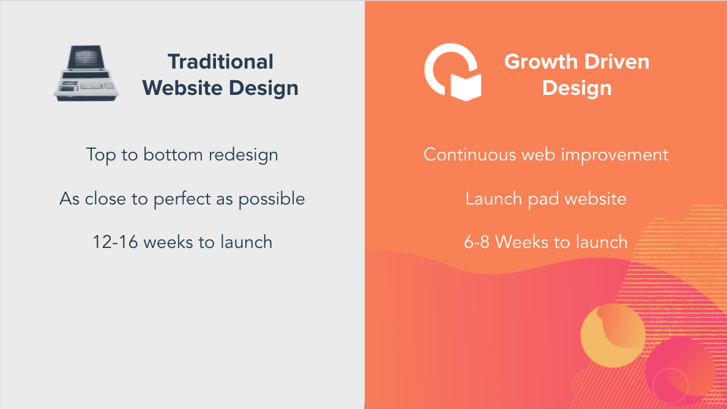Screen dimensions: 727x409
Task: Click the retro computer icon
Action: click(86, 73)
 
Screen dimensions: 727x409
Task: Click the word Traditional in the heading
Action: click(221, 62)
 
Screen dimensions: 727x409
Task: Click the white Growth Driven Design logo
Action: click(453, 72)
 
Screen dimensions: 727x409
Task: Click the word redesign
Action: click(243, 155)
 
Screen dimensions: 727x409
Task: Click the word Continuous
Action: click(470, 155)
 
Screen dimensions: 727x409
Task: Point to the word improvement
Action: click(615, 155)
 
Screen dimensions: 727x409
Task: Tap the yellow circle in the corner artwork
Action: click(613, 336)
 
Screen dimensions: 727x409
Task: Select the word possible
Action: click(271, 199)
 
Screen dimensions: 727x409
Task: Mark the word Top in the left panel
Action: click(101, 155)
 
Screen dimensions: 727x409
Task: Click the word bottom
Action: click(173, 155)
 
